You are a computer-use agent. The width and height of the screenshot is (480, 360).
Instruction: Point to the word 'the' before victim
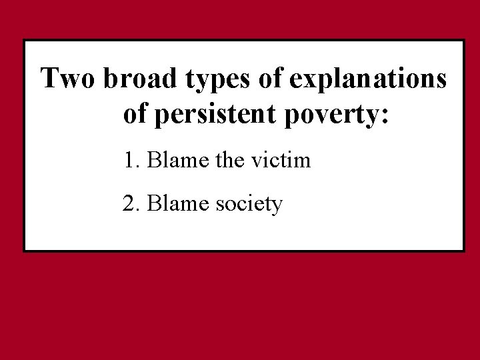[223, 161]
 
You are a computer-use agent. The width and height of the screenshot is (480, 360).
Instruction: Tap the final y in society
[277, 207]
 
